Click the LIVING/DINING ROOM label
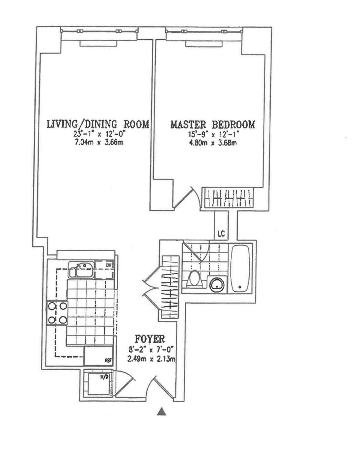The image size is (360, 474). (98, 124)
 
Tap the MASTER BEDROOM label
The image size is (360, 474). (213, 124)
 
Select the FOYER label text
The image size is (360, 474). (150, 339)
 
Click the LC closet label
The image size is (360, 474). (221, 233)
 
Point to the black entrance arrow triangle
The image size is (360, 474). (161, 412)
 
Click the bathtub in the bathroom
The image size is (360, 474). (240, 268)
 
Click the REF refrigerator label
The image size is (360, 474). (108, 360)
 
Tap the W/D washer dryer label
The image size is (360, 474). (104, 377)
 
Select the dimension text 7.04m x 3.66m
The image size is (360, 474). (98, 142)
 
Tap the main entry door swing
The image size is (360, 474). (162, 387)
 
